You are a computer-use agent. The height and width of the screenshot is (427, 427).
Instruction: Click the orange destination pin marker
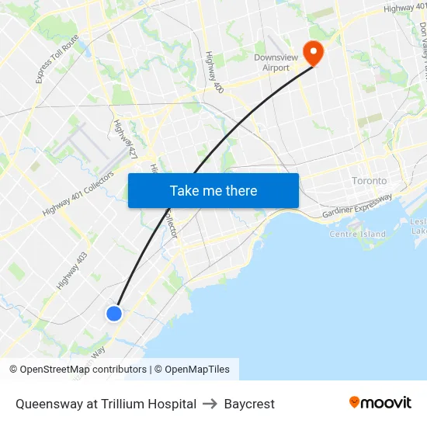coord(313,52)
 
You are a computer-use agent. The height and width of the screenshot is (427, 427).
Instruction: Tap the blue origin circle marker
coord(114,314)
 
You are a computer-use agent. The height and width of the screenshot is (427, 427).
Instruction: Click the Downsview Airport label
coord(271,62)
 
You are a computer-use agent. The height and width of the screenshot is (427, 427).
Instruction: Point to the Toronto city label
coord(369,180)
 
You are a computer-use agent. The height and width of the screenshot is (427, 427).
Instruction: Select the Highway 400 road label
coord(214,72)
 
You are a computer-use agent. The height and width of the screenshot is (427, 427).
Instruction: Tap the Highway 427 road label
coord(125,141)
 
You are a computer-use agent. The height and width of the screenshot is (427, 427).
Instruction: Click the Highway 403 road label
coord(71,271)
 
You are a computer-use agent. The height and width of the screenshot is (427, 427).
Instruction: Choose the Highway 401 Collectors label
coord(78,193)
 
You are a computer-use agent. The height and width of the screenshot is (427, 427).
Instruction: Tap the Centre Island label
coord(357,234)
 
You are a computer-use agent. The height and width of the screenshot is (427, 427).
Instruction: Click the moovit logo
coord(380,402)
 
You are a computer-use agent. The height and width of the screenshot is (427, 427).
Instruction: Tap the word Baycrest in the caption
coord(249,404)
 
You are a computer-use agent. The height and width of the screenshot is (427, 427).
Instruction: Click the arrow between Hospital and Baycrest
coord(210,404)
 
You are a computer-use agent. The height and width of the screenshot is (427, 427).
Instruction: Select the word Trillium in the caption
coord(120,404)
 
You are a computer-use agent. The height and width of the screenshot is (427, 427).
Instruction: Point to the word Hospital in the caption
coord(172,404)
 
